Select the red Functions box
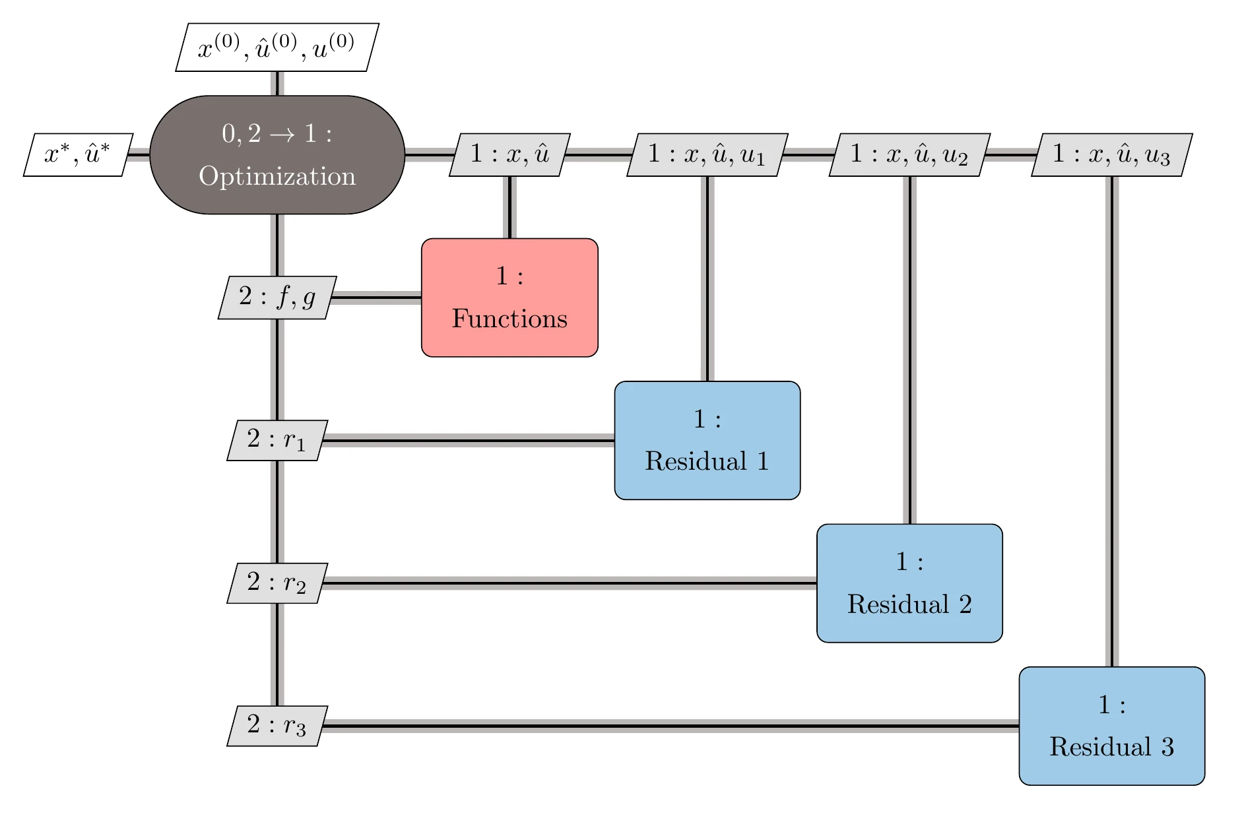[509, 298]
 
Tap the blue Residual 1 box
[707, 440]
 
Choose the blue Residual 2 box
[909, 583]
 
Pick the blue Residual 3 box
[1111, 726]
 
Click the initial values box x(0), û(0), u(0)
[277, 48]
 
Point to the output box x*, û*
[78, 155]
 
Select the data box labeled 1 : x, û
[509, 155]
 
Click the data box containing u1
[707, 155]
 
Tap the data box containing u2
[909, 155]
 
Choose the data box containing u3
[1111, 155]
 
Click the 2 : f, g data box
[277, 298]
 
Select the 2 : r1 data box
[277, 440]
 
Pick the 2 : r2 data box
[277, 583]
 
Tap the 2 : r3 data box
[277, 726]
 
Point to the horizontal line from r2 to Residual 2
[568, 583]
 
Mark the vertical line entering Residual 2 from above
[909, 350]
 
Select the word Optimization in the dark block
[277, 176]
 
